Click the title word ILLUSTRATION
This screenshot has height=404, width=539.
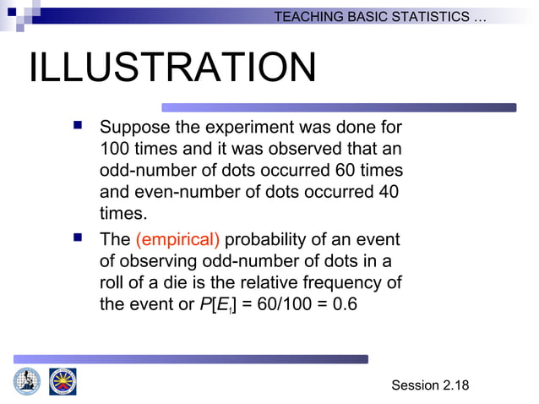[x=172, y=69]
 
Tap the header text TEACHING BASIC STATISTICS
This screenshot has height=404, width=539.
[x=379, y=17]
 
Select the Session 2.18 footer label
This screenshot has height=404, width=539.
[x=429, y=385]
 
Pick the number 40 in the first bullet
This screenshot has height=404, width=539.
[x=388, y=192]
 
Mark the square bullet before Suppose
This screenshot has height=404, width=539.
[x=77, y=128]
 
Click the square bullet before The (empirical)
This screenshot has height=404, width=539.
[x=77, y=239]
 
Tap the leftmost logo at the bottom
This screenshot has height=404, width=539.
[x=26, y=381]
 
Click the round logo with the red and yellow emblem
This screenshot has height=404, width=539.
[x=62, y=381]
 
